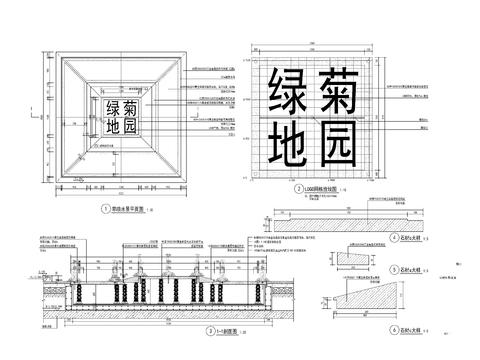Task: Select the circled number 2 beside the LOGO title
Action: click(297, 189)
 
